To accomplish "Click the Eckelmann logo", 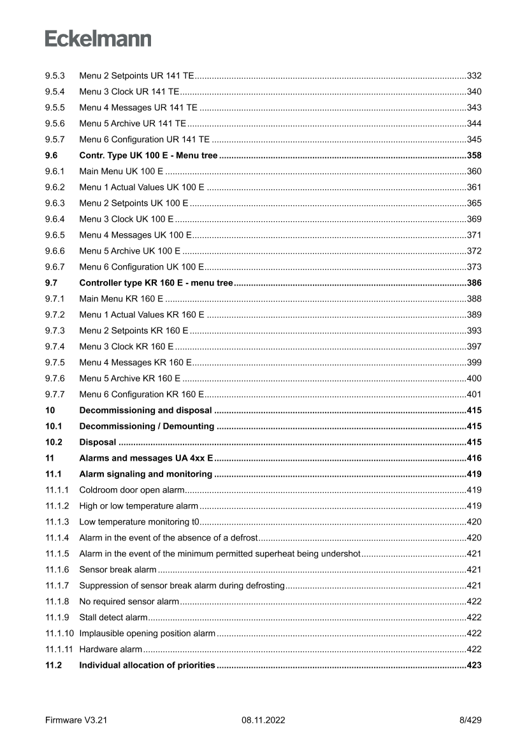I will (x=98, y=39).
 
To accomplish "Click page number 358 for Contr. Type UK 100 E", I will (x=473, y=156).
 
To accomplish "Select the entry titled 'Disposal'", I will (x=97, y=442).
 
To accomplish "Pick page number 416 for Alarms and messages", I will (x=473, y=458).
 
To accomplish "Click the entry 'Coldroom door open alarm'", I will (x=131, y=490).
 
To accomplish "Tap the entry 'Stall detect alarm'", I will (x=113, y=618).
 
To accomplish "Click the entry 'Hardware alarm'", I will (x=110, y=649).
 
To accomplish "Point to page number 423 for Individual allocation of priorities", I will (x=473, y=665).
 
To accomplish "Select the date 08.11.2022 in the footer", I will (x=263, y=721).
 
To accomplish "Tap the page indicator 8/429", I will (x=470, y=721).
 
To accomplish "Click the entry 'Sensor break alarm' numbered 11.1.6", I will (x=117, y=570).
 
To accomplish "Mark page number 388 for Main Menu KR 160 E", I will (x=473, y=299).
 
